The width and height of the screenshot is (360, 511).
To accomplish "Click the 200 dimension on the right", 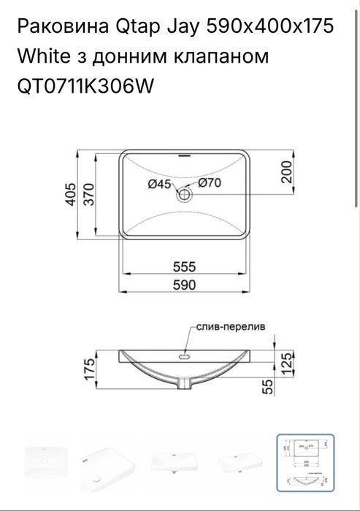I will tap(286, 172).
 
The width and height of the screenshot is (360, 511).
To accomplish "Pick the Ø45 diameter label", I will tap(159, 185).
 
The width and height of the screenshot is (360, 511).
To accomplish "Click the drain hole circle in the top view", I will tap(184, 194).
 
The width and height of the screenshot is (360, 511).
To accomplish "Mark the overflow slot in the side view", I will tap(184, 358).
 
